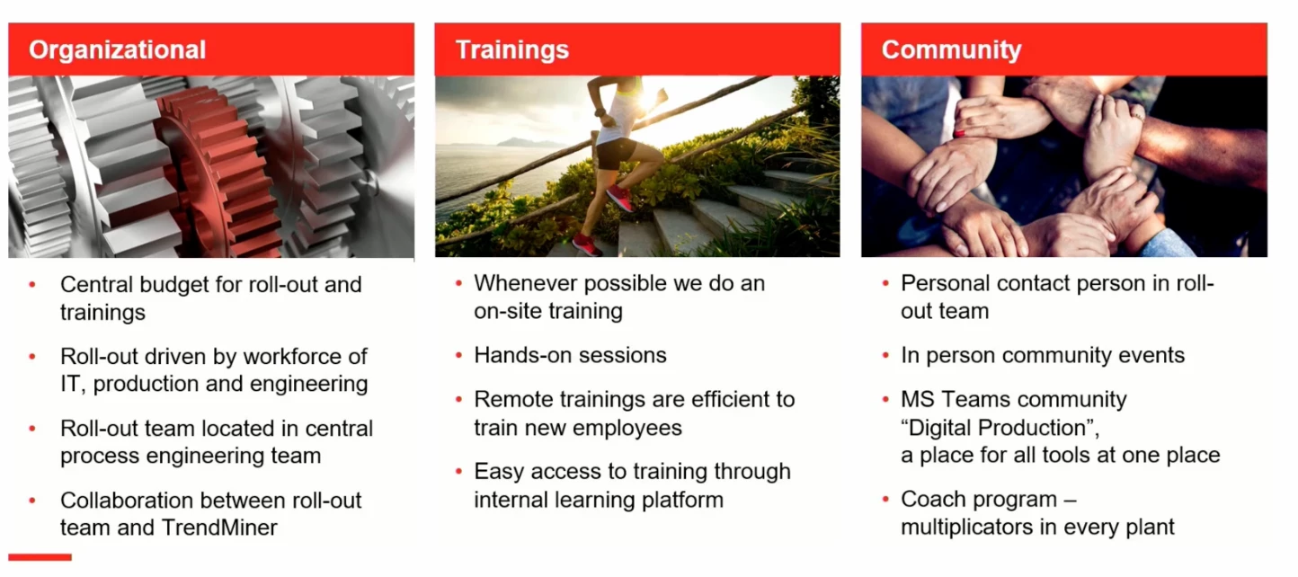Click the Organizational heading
click(117, 49)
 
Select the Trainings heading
click(511, 49)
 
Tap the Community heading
click(951, 49)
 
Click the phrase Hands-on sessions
click(570, 355)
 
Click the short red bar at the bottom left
click(40, 557)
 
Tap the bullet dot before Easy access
click(458, 472)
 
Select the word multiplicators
click(972, 527)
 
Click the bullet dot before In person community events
click(885, 356)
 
